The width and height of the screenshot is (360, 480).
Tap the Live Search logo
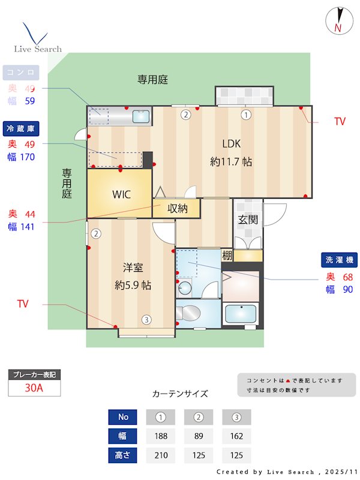pyautogui.click(x=37, y=39)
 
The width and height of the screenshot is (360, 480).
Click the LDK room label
pyautogui.click(x=231, y=143)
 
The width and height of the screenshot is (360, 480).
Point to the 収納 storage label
pyautogui.click(x=177, y=209)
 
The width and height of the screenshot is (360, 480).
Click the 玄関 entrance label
pyautogui.click(x=248, y=220)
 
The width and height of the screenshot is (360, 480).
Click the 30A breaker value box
pyautogui.click(x=34, y=388)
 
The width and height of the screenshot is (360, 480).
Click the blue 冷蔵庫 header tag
pyautogui.click(x=22, y=128)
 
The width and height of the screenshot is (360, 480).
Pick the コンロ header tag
pyautogui.click(x=22, y=73)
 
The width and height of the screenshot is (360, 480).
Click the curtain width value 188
pyautogui.click(x=161, y=436)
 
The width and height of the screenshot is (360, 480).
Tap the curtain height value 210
pyautogui.click(x=161, y=455)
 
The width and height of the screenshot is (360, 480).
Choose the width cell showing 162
pyautogui.click(x=236, y=436)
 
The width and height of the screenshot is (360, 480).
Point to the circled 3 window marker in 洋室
pyautogui.click(x=146, y=319)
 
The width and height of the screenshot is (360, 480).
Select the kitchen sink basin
pyautogui.click(x=141, y=116)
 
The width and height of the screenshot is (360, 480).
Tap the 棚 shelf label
pyautogui.click(x=226, y=256)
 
